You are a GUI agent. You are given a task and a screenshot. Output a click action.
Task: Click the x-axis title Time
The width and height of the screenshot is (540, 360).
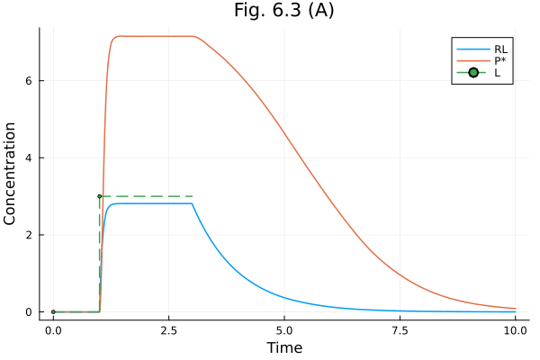pyautogui.click(x=283, y=347)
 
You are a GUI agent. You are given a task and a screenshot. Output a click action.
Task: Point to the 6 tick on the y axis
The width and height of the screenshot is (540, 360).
pyautogui.click(x=30, y=81)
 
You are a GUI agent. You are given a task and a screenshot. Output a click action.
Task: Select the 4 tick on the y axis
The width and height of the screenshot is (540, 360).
pyautogui.click(x=30, y=158)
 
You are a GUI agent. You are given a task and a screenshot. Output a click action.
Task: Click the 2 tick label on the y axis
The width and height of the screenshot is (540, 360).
pyautogui.click(x=30, y=235)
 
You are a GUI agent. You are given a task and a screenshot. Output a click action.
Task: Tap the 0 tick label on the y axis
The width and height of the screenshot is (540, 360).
pyautogui.click(x=30, y=312)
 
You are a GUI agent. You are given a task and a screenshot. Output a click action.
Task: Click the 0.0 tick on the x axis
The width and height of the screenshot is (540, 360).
pyautogui.click(x=53, y=330)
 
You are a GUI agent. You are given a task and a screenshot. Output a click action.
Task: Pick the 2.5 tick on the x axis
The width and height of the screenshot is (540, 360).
pyautogui.click(x=168, y=330)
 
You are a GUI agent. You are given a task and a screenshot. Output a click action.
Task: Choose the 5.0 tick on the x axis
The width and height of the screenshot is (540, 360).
pyautogui.click(x=284, y=330)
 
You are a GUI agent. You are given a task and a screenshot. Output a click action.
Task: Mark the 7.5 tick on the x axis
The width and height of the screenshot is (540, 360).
pyautogui.click(x=400, y=330)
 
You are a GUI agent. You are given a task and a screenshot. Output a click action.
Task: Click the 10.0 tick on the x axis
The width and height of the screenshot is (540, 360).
pyautogui.click(x=515, y=330)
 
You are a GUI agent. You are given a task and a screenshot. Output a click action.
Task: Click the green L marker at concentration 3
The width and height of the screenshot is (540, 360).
pyautogui.click(x=99, y=196)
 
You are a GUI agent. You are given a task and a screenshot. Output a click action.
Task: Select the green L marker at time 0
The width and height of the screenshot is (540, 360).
pyautogui.click(x=53, y=311)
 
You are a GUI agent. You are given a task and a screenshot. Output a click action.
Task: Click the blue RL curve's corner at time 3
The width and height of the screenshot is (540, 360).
pyautogui.click(x=192, y=203)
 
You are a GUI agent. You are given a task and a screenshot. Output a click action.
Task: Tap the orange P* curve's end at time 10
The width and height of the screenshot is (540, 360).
pyautogui.click(x=515, y=308)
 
